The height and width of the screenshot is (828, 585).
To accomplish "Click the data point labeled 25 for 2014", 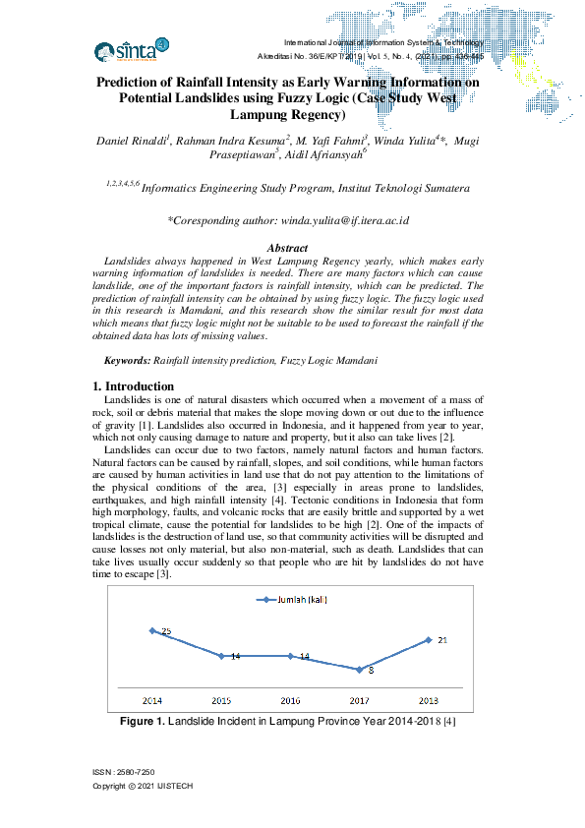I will point(152,630).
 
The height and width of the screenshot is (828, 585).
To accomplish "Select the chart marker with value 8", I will point(361,669).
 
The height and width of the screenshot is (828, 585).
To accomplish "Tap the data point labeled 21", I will point(430,639).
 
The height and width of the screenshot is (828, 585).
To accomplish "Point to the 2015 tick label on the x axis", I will point(221,700).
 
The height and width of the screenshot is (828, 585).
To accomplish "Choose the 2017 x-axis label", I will point(361,700).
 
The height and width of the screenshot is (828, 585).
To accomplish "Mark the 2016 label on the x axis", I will point(291,700).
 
